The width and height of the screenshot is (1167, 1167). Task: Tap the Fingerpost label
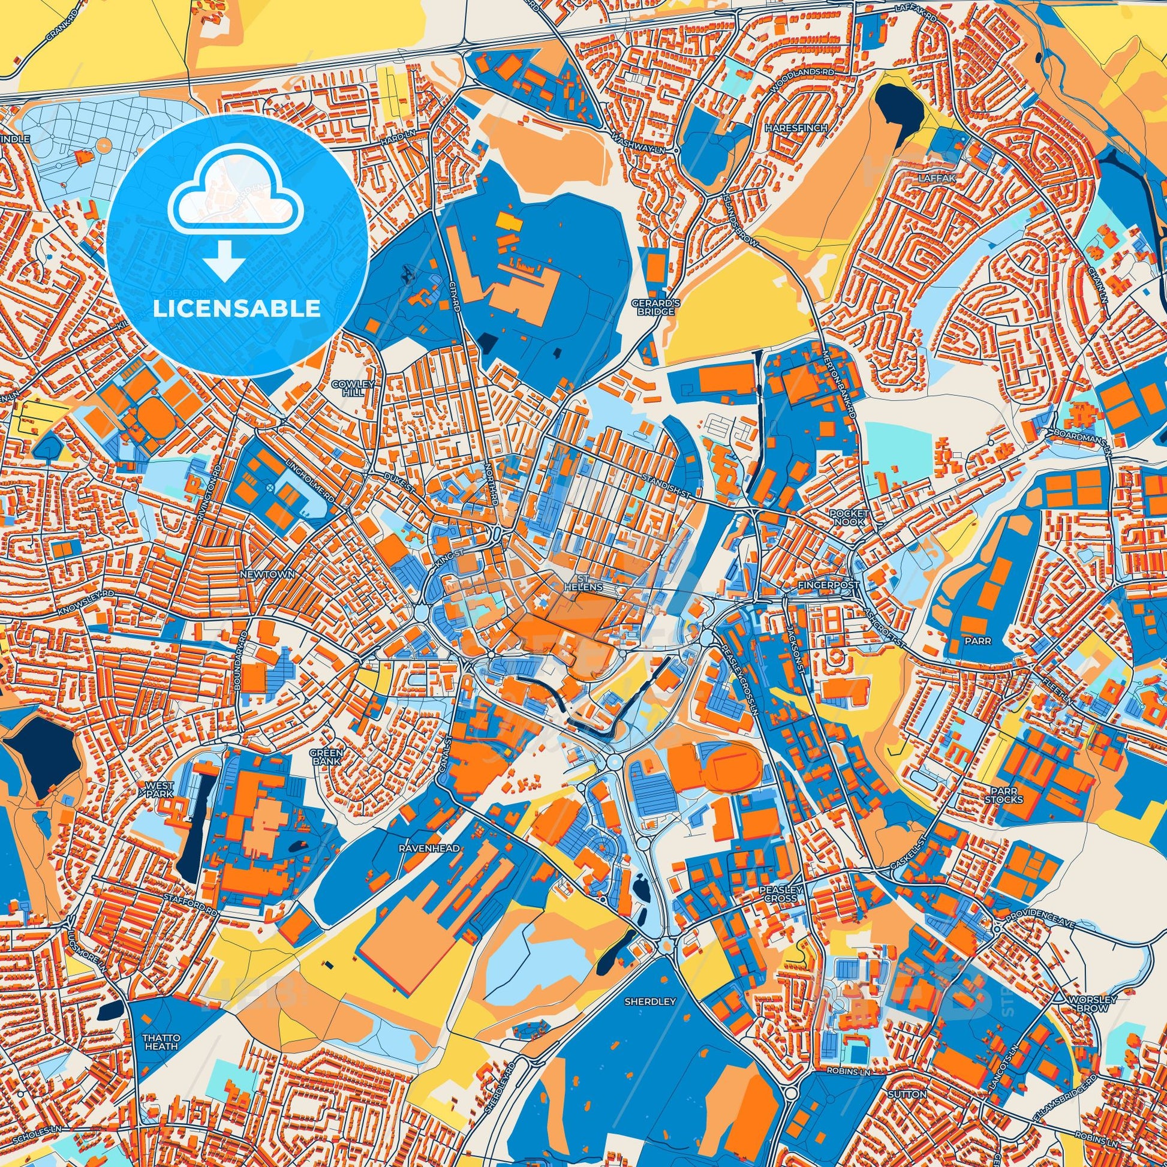822,586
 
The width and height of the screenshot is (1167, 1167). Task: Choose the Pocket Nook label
849,517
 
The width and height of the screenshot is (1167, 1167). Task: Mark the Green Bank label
327,757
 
